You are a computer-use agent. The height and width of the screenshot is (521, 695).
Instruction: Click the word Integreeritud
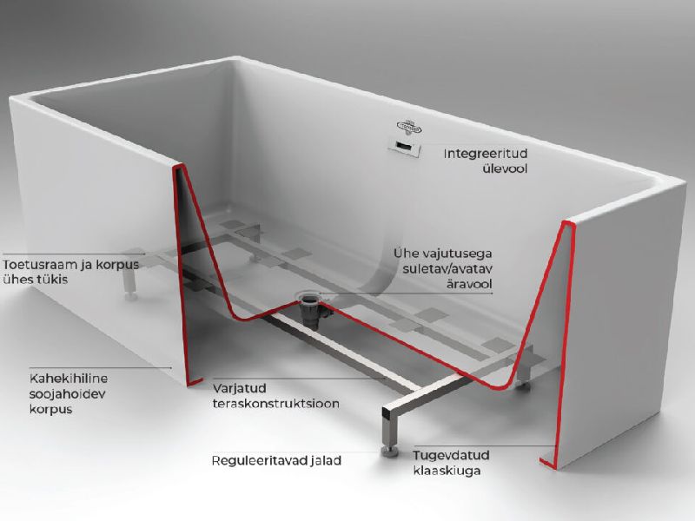[486, 154]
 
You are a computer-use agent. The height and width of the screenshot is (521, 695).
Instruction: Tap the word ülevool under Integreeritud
[505, 168]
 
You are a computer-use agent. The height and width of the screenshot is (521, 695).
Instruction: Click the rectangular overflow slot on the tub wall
[404, 147]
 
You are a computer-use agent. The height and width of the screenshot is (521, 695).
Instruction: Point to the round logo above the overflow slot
[409, 127]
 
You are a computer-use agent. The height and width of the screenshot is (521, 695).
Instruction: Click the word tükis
[52, 280]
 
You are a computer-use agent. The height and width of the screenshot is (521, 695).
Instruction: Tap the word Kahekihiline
[69, 379]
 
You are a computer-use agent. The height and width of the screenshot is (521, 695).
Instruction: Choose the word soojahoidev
[67, 394]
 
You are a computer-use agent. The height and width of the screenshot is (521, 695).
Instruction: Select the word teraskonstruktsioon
[275, 404]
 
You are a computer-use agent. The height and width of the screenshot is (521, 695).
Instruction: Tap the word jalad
[326, 461]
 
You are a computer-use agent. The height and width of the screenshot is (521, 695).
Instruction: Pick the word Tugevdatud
[451, 455]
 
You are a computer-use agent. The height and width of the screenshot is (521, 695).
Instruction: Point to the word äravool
[469, 284]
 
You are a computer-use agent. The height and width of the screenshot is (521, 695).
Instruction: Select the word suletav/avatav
[447, 268]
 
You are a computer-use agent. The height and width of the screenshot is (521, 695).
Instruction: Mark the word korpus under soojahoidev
[50, 409]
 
